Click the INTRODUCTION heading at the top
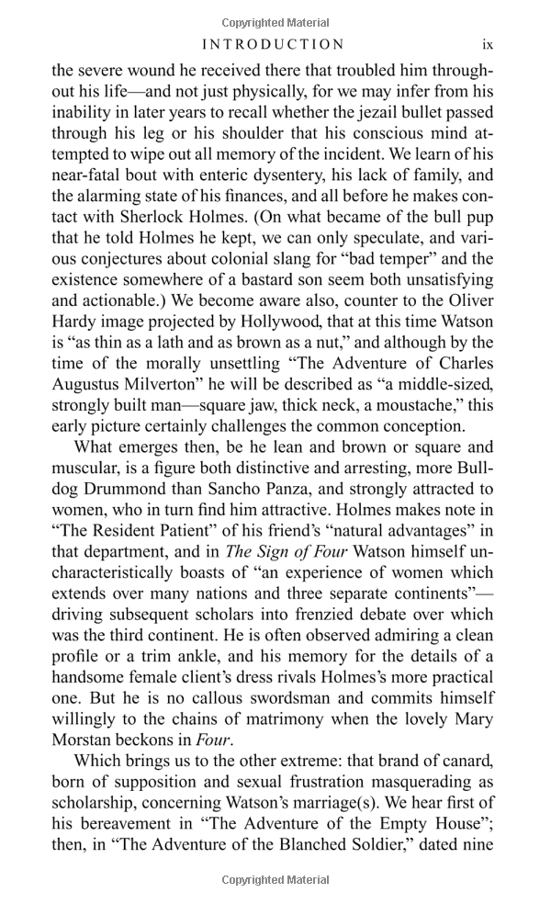(x=274, y=44)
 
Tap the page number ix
(x=488, y=44)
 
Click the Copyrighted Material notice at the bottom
(x=275, y=880)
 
